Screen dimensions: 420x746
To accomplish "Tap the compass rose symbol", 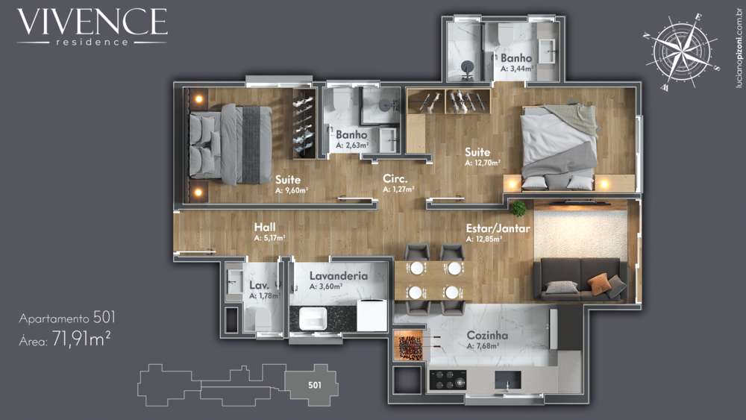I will [681, 51].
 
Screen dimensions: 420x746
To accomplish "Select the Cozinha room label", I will [487, 336].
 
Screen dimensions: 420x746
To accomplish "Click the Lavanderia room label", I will [338, 275].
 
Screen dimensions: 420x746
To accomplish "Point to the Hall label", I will [266, 227].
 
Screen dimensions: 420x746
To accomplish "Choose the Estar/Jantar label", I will [498, 228].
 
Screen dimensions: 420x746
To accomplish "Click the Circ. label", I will [394, 179].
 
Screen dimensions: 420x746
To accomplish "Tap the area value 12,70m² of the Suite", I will [482, 162].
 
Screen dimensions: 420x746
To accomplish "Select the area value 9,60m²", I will [292, 189].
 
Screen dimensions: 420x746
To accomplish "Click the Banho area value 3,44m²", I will [516, 68].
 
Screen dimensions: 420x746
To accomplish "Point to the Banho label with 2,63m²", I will [351, 135].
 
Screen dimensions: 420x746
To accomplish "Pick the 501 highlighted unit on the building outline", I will [314, 386].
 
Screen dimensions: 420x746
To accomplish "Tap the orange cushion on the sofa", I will [598, 282].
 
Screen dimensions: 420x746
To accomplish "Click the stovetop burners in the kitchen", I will [447, 380].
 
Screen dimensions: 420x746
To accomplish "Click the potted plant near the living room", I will [518, 208].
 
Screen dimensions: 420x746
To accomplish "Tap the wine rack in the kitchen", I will [407, 348].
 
